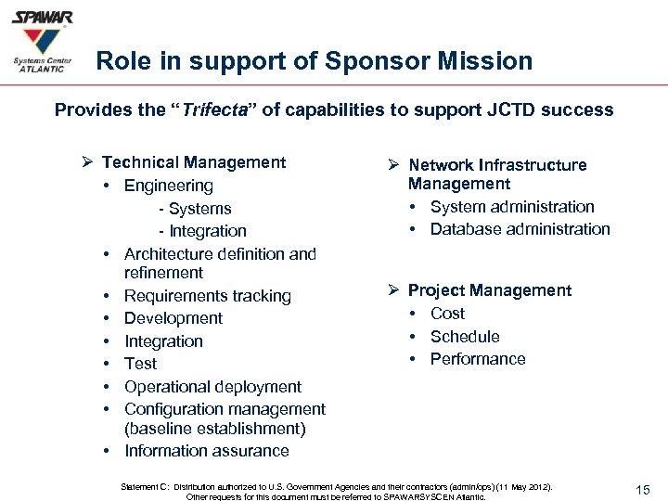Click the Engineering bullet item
(168, 186)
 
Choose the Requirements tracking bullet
(207, 296)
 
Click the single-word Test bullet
(140, 364)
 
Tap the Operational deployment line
(212, 387)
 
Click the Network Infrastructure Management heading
(497, 174)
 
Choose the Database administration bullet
(520, 229)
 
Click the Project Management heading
(489, 290)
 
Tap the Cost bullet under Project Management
(447, 314)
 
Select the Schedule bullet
(465, 337)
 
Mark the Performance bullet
(477, 359)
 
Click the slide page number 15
(644, 489)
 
